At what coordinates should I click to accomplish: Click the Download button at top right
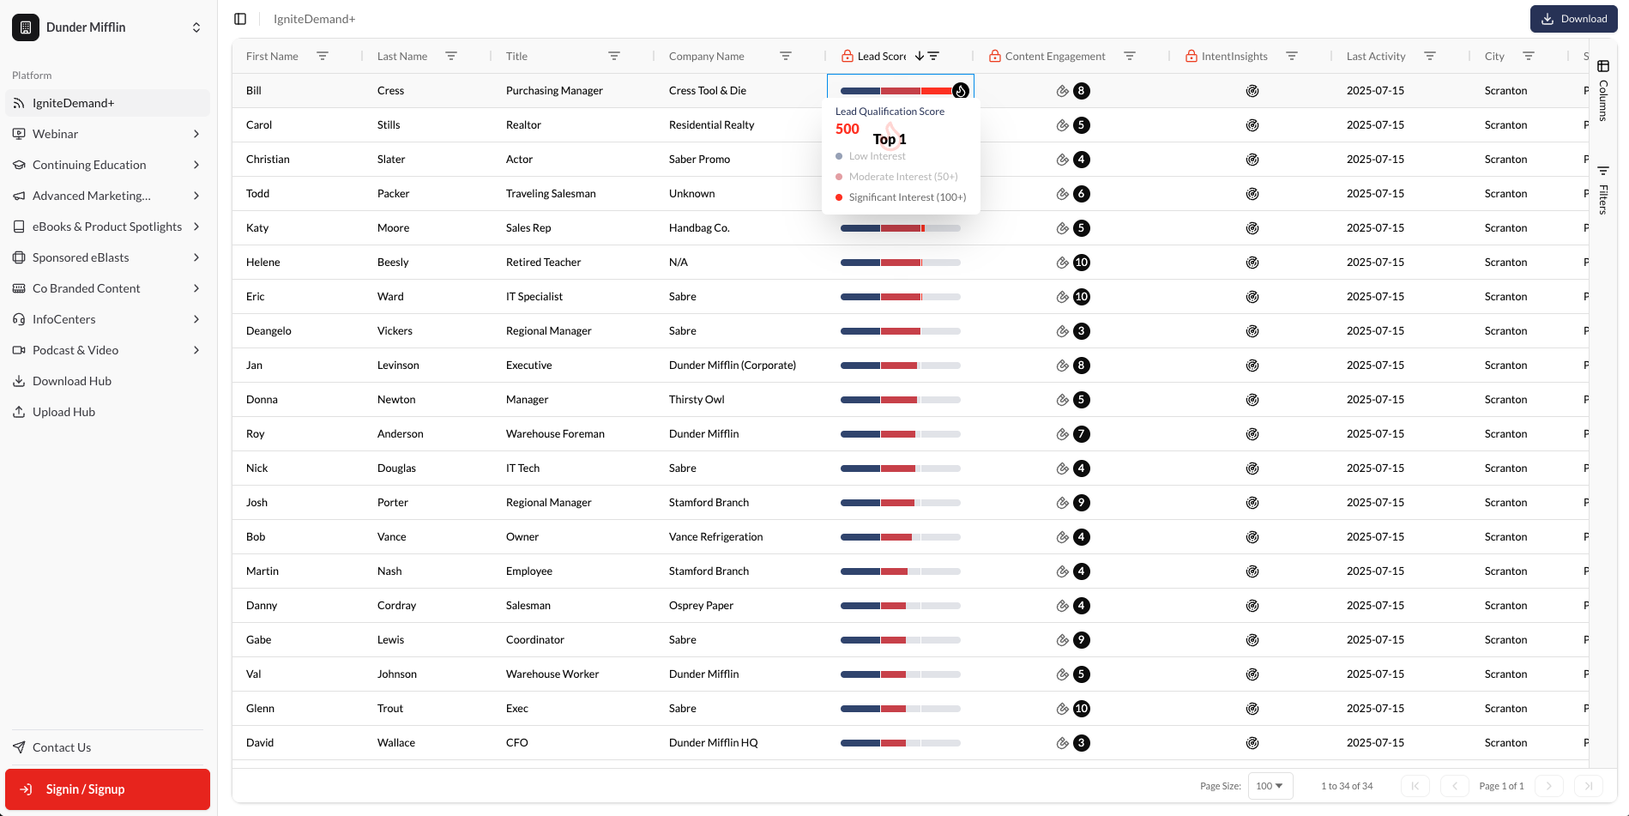pyautogui.click(x=1573, y=19)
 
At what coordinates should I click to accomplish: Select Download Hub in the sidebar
pyautogui.click(x=72, y=381)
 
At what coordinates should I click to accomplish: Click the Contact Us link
pyautogui.click(x=62, y=747)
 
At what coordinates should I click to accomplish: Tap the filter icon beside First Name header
pyautogui.click(x=323, y=57)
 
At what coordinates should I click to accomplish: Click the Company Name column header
pyautogui.click(x=706, y=57)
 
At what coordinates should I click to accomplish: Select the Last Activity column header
pyautogui.click(x=1375, y=57)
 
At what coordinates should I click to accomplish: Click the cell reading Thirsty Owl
pyautogui.click(x=697, y=400)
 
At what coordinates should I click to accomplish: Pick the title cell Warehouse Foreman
pyautogui.click(x=555, y=434)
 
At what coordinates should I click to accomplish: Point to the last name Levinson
pyautogui.click(x=398, y=366)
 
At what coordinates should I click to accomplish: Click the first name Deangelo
pyautogui.click(x=268, y=331)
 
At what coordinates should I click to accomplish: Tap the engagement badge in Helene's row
pyautogui.click(x=1081, y=263)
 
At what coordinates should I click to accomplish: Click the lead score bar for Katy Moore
pyautogui.click(x=900, y=228)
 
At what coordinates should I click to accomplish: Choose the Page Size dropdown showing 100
pyautogui.click(x=1270, y=786)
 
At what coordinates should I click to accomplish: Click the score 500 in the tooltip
pyautogui.click(x=847, y=129)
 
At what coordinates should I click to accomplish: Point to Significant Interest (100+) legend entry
pyautogui.click(x=907, y=197)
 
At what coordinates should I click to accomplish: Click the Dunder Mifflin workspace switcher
pyautogui.click(x=107, y=27)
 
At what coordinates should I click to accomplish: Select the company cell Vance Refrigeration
pyautogui.click(x=715, y=537)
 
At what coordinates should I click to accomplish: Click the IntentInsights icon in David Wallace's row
pyautogui.click(x=1252, y=743)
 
